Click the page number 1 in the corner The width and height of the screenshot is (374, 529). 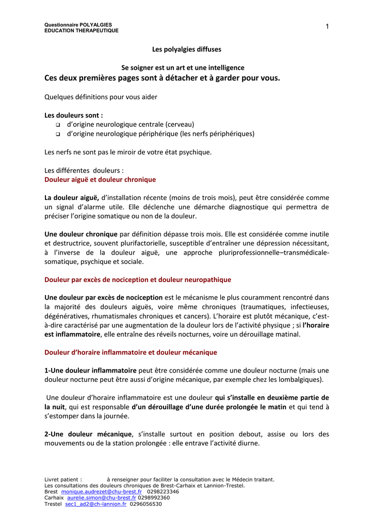[327, 27]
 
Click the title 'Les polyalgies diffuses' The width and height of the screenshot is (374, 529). [186, 50]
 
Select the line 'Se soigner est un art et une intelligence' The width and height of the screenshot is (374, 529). [183, 68]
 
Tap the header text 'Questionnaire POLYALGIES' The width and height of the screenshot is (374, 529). [78, 25]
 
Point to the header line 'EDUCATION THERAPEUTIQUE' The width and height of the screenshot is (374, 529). [82, 30]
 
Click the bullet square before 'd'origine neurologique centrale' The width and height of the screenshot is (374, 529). [57, 125]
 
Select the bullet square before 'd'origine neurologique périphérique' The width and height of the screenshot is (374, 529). [57, 134]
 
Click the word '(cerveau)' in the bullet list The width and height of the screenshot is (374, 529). [180, 125]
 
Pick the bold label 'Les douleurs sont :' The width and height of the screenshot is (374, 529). [74, 115]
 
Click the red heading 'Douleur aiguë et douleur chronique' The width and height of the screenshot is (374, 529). [100, 180]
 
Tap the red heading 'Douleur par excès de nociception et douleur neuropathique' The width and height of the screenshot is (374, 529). [138, 279]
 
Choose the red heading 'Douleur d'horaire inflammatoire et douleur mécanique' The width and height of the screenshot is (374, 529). [131, 352]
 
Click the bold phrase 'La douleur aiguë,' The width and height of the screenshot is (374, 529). [72, 197]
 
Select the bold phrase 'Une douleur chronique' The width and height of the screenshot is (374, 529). [81, 234]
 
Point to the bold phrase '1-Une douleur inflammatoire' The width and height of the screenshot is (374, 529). [91, 370]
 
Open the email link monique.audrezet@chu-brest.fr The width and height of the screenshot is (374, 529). [102, 492]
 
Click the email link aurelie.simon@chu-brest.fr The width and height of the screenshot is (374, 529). [102, 498]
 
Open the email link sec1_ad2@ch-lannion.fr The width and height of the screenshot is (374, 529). [96, 504]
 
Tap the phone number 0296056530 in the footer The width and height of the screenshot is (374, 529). [147, 504]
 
